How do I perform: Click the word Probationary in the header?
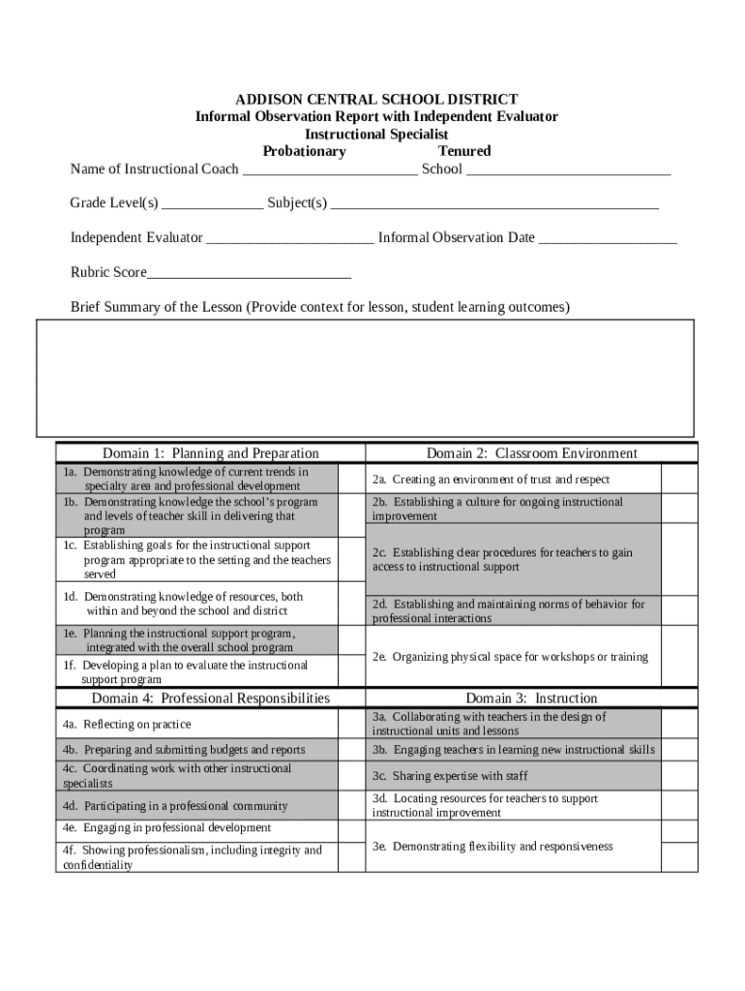point(304,151)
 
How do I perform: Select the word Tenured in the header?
point(464,151)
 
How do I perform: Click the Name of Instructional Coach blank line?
point(329,171)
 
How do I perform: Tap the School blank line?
point(568,171)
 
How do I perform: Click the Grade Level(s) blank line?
point(212,205)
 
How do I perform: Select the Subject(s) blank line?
point(494,205)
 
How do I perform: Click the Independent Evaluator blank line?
point(289,239)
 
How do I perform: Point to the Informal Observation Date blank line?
point(608,239)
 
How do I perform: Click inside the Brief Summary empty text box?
point(365,377)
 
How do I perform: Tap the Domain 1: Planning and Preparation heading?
point(211,453)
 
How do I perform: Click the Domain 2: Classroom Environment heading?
point(532,453)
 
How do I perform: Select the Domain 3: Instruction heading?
point(532,698)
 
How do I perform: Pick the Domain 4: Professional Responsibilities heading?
point(211,698)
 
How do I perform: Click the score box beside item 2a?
point(679,479)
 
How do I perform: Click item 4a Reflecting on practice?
point(127,724)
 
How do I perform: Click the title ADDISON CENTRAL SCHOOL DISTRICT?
point(377,100)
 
